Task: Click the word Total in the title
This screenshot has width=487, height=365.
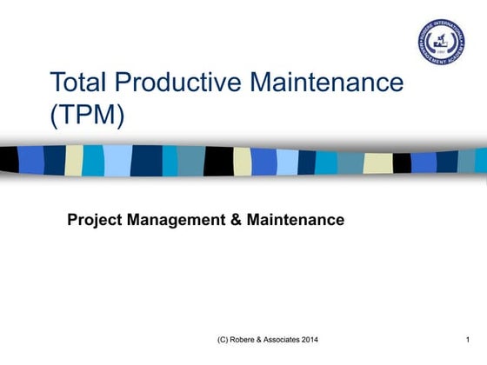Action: click(80, 83)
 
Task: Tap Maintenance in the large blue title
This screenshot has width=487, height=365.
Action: click(327, 83)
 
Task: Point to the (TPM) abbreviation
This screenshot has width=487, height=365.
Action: click(87, 115)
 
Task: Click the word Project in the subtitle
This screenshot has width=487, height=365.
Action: click(95, 221)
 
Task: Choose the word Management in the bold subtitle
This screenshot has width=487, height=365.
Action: click(177, 220)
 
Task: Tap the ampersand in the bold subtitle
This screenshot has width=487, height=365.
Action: click(237, 220)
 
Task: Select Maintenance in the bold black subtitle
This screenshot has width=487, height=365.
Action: click(296, 220)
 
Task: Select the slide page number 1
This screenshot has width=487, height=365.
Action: click(468, 338)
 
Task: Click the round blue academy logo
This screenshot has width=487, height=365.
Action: click(441, 41)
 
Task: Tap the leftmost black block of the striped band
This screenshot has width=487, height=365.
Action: click(9, 160)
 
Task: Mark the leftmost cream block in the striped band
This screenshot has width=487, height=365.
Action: click(75, 160)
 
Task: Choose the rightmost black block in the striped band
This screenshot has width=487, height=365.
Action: click(402, 163)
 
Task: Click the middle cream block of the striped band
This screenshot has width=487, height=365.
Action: click(243, 162)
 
